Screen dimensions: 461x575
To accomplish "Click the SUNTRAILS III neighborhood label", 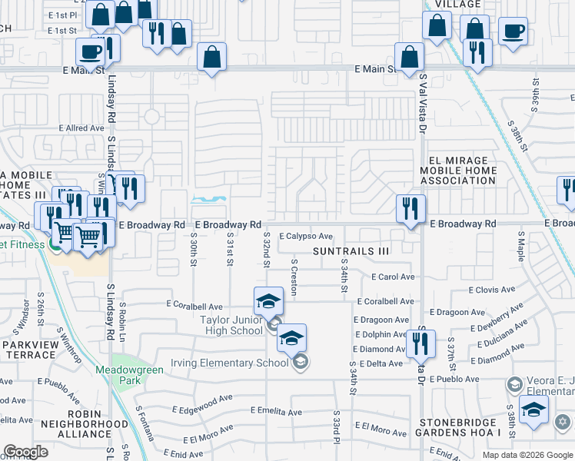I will (352, 251).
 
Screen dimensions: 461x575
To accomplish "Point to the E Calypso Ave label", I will (305, 237).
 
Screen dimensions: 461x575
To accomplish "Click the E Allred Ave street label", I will (81, 128).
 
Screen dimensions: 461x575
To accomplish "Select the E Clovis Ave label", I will (492, 290).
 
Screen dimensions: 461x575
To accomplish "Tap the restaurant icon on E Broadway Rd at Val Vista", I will (410, 208).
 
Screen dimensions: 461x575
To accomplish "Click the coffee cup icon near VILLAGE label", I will (513, 32).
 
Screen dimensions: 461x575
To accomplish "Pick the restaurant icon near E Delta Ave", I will (420, 343).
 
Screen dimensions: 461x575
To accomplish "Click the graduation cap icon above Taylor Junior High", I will (268, 300).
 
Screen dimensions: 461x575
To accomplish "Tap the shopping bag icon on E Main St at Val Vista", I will (409, 56).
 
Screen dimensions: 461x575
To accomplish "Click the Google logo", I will (26, 453).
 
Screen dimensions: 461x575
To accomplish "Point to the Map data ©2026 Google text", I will (527, 455).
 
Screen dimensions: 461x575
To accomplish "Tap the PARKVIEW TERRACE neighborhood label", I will (31, 350).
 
